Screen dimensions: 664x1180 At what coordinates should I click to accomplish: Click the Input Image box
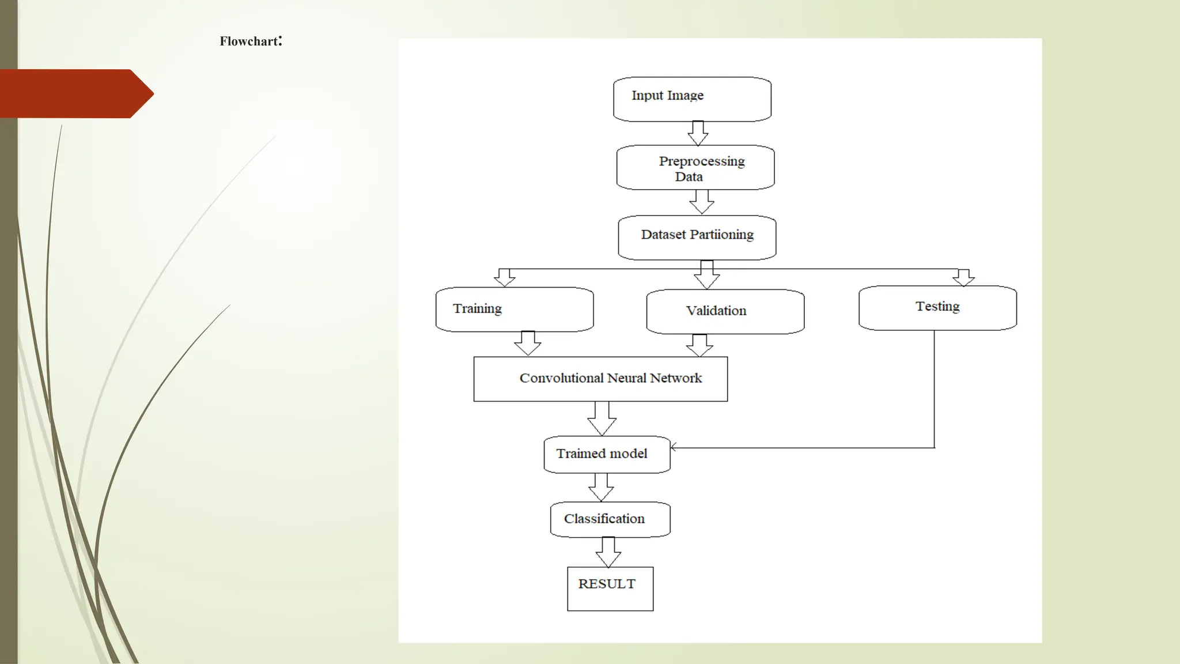(692, 99)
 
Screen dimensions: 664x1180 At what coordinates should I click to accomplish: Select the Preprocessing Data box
(695, 168)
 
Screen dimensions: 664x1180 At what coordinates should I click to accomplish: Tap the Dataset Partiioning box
(697, 237)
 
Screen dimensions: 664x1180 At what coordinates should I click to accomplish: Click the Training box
(515, 310)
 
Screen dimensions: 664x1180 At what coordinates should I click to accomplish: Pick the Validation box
(725, 312)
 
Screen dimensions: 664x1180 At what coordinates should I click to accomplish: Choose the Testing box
(937, 308)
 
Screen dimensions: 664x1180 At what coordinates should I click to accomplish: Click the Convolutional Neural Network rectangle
(600, 379)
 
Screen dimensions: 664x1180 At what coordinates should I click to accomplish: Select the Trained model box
(607, 454)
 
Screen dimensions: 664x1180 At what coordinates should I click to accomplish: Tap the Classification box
(610, 519)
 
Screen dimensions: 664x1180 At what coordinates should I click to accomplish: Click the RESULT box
(610, 588)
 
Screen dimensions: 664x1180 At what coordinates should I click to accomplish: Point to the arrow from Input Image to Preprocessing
(698, 134)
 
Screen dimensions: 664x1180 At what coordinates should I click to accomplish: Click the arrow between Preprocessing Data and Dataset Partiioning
(702, 202)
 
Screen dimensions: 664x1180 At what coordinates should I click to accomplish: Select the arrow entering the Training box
(505, 278)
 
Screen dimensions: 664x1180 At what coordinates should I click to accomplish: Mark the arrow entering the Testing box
(963, 278)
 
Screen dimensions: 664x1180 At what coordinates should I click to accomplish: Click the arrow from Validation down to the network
(699, 345)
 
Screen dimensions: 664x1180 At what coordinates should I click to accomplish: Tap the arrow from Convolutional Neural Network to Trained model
(602, 418)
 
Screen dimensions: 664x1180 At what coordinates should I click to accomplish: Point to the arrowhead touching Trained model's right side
(674, 447)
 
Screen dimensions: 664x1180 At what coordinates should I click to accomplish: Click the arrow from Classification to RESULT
(608, 552)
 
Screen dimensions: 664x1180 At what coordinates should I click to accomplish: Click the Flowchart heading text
(251, 41)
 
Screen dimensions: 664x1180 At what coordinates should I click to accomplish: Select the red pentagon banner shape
(72, 93)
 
